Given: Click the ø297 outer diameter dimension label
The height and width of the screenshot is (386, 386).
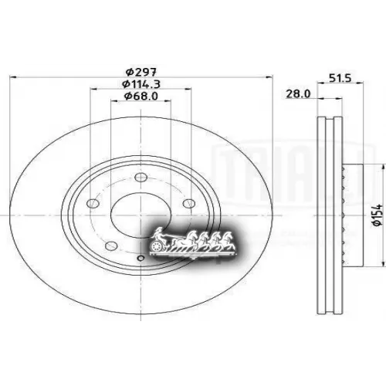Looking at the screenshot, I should coord(139,71).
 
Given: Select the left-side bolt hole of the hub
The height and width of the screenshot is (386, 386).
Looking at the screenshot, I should coord(93,203).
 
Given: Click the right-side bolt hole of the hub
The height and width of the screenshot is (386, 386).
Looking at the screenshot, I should coord(188,203).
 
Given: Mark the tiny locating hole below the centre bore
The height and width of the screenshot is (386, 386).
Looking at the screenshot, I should coord(140,258).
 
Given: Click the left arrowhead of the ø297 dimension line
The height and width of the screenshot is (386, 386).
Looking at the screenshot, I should coord(10,77).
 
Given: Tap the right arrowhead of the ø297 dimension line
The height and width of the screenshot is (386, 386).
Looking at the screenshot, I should coord(272,77).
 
